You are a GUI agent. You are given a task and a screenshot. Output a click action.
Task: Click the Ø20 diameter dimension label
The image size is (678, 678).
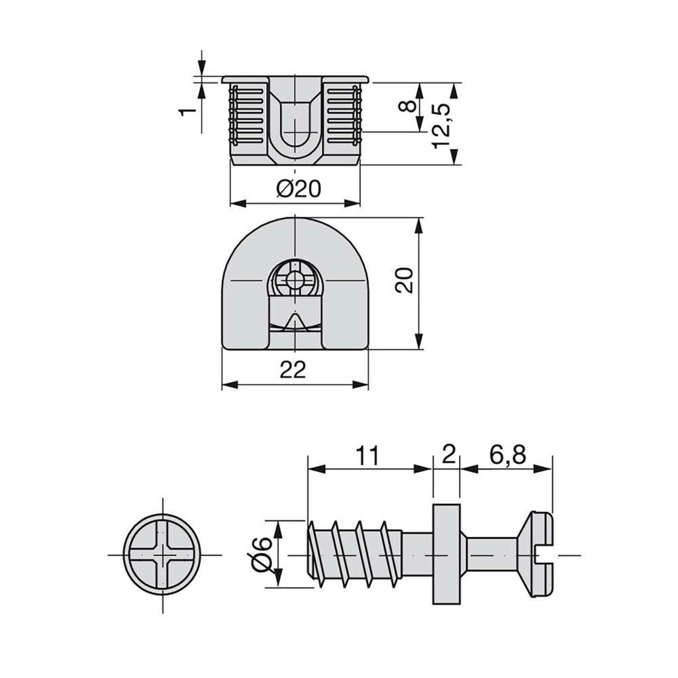tap(299, 189)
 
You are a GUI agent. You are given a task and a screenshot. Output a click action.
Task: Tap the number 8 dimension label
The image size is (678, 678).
tap(409, 106)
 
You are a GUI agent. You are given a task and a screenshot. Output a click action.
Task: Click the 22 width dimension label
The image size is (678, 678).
tap(293, 370)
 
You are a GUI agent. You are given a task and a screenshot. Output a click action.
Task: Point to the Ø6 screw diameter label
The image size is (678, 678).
tap(262, 553)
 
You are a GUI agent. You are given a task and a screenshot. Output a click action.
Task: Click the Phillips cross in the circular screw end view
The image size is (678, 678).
tap(163, 554)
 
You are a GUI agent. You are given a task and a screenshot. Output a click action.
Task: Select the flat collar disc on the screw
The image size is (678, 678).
tap(446, 554)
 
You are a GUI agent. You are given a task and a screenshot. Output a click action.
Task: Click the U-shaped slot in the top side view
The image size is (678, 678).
tap(295, 126)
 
